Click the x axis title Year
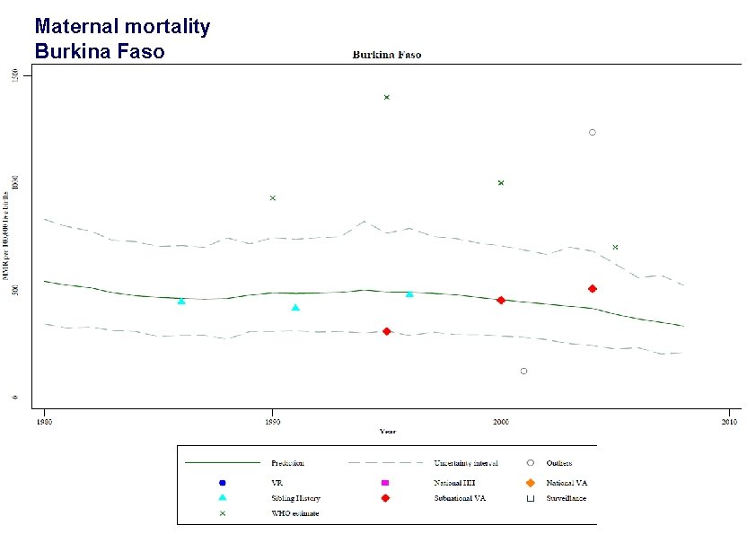click(x=387, y=432)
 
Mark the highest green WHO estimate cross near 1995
click(x=386, y=97)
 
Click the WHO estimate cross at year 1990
click(x=273, y=197)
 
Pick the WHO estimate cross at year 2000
click(x=501, y=183)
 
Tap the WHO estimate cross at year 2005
click(x=615, y=247)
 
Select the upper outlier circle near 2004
click(x=592, y=132)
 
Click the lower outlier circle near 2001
click(x=523, y=371)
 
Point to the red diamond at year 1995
click(x=386, y=331)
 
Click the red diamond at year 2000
click(x=501, y=300)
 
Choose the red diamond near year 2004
click(x=592, y=288)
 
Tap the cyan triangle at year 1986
click(x=181, y=302)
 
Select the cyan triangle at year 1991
click(x=295, y=308)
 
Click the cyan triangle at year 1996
click(x=409, y=293)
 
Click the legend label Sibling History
click(x=295, y=497)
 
